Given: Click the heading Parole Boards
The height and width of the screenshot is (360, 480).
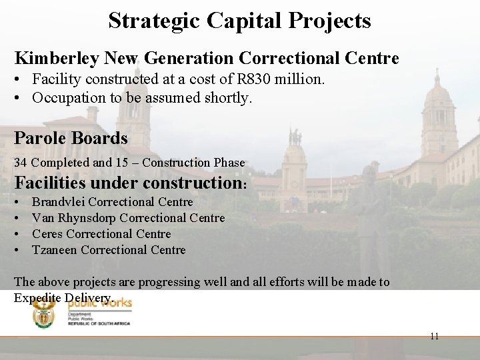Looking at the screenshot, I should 71,138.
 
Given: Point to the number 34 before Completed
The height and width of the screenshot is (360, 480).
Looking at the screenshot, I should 20,163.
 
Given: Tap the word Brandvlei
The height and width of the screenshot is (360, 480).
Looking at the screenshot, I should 59,201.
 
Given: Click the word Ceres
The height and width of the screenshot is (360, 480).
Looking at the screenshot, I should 47,234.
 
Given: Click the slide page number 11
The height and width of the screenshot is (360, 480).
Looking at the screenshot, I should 434,336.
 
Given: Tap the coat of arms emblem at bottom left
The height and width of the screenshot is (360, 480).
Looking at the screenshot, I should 47,313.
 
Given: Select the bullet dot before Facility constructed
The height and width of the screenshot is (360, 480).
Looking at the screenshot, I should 19,81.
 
